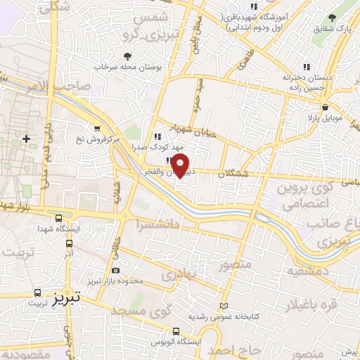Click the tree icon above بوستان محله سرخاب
coord(127,56)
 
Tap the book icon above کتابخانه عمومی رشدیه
coord(224,307)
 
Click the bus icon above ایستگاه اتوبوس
coord(175,330)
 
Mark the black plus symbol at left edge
coord(27,139)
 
